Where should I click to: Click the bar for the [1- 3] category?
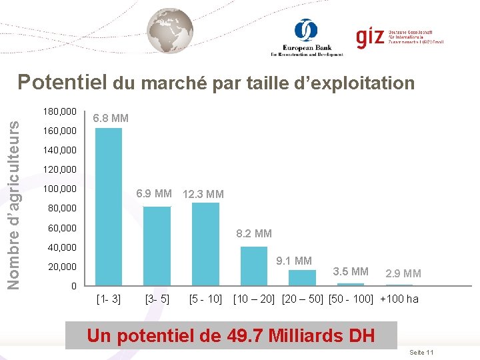click(x=109, y=207)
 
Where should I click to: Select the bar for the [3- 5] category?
click(x=157, y=246)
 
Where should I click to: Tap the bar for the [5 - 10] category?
click(x=205, y=244)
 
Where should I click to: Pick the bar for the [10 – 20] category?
click(x=253, y=266)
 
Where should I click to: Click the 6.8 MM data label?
click(x=111, y=118)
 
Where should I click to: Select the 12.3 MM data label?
click(x=203, y=194)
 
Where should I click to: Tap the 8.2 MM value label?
click(x=254, y=233)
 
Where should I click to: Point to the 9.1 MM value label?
click(x=294, y=261)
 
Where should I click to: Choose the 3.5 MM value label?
click(x=350, y=271)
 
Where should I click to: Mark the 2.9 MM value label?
click(x=403, y=273)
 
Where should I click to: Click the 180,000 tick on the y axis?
click(x=59, y=111)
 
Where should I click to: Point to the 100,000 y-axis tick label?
click(x=59, y=189)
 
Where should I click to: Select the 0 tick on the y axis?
click(x=73, y=287)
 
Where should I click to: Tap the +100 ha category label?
click(x=399, y=299)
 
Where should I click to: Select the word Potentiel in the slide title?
click(x=63, y=83)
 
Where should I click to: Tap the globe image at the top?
click(x=170, y=31)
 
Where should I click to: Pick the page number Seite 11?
click(x=421, y=351)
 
